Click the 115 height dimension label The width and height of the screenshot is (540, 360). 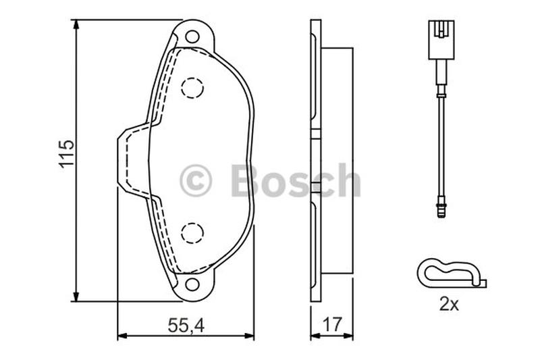(66, 153)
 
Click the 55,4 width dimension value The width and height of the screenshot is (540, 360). (186, 325)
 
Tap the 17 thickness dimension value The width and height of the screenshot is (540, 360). (332, 324)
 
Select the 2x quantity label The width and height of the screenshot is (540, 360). (449, 304)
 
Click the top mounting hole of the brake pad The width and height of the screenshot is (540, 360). (192, 37)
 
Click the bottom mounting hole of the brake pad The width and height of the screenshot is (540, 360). (192, 284)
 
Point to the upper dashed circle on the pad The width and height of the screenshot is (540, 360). (192, 88)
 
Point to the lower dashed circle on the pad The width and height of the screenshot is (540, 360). (192, 233)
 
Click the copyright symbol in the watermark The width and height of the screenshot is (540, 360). (196, 180)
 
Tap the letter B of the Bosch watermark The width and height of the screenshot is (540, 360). (246, 180)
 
